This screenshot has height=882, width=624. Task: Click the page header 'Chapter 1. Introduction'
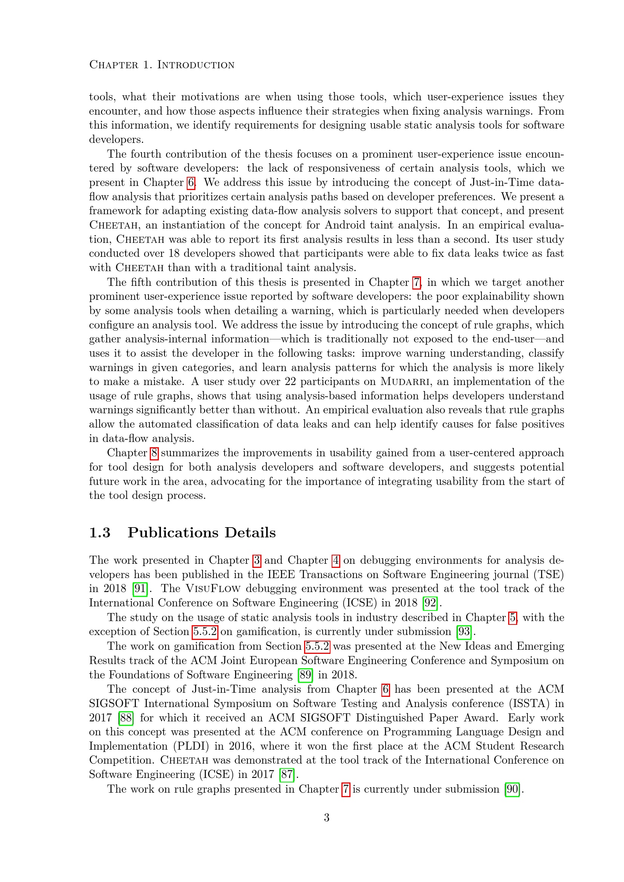click(x=162, y=65)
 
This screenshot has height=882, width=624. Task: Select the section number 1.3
click(x=100, y=533)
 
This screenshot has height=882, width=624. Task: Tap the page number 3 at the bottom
click(x=326, y=818)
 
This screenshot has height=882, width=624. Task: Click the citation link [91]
click(x=140, y=589)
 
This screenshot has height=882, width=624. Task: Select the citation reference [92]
click(x=430, y=603)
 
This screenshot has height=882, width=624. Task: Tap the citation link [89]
click(x=306, y=675)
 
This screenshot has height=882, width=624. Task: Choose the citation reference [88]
click(x=126, y=718)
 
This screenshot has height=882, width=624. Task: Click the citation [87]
click(x=287, y=775)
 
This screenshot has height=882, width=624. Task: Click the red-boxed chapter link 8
click(x=154, y=453)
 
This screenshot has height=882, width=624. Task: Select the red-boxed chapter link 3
click(x=257, y=560)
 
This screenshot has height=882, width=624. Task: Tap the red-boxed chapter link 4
click(x=336, y=560)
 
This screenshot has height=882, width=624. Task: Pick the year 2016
click(x=240, y=746)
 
